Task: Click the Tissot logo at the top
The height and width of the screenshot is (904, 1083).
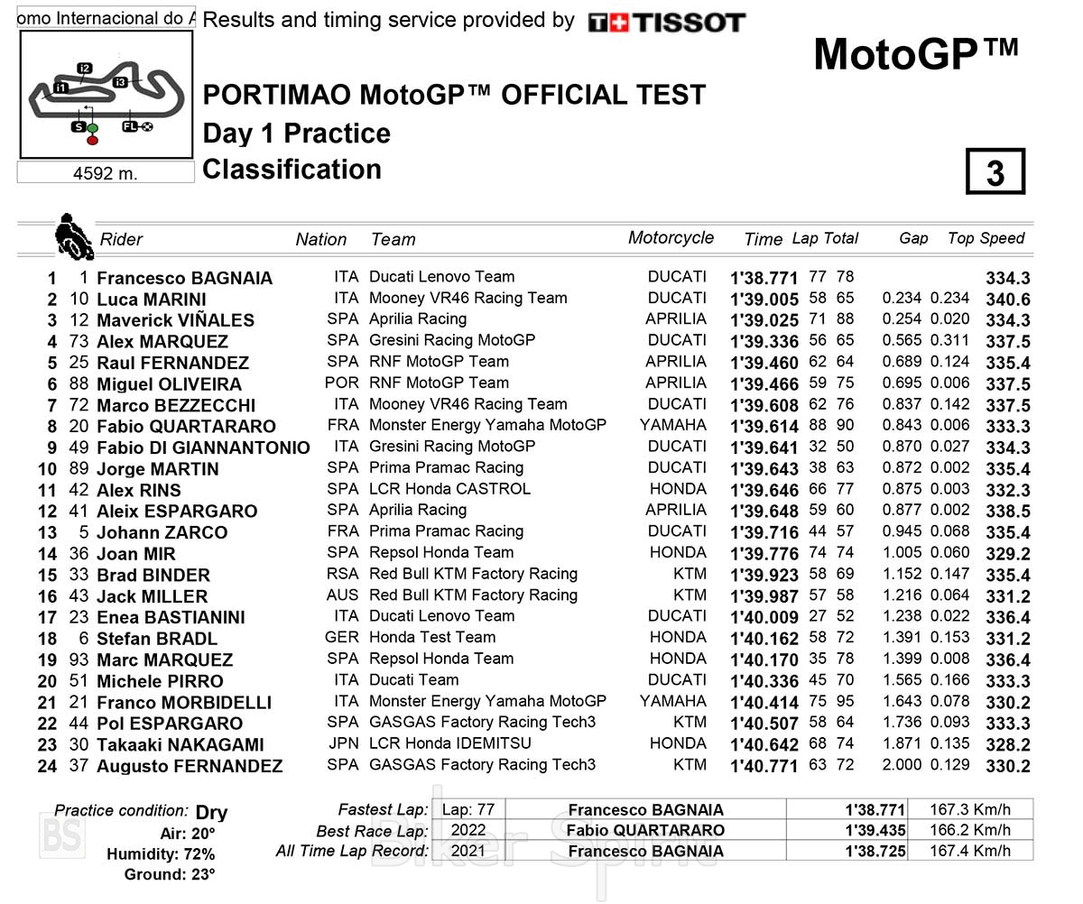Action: tap(667, 23)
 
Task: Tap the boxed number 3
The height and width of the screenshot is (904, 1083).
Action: tap(995, 171)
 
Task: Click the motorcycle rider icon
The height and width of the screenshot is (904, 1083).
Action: tap(72, 236)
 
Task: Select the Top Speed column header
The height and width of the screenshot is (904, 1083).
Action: tap(986, 238)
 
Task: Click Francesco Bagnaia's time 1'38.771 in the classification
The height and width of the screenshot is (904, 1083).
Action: tap(764, 278)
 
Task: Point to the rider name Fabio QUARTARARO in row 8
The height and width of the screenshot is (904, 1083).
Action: tap(186, 426)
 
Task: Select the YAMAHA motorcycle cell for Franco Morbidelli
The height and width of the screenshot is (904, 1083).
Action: tap(673, 701)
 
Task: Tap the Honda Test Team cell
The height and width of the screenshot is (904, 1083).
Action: tap(432, 637)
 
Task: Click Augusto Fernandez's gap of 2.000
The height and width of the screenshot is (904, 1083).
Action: tap(902, 764)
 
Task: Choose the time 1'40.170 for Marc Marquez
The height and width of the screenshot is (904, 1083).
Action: tap(764, 660)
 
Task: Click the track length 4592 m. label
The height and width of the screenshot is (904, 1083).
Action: tap(106, 172)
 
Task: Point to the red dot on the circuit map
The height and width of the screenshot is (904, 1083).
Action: tap(92, 140)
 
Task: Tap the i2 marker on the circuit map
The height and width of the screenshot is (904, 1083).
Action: tap(85, 69)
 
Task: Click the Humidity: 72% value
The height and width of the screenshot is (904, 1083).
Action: tap(161, 853)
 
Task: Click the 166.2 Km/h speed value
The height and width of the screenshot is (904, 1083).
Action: tap(969, 830)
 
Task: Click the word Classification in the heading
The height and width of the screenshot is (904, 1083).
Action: tap(292, 169)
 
